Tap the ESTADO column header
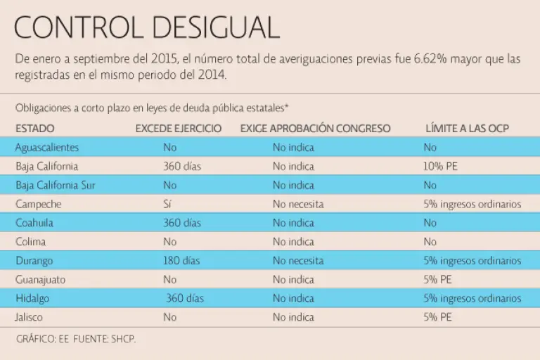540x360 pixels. (x=34, y=129)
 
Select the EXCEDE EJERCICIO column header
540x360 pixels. (x=179, y=129)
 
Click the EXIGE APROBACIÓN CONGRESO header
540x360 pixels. (x=315, y=129)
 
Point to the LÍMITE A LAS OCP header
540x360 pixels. (x=467, y=129)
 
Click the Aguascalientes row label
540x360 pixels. (x=47, y=148)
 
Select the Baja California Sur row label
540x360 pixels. (x=55, y=186)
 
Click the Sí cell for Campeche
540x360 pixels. (x=168, y=204)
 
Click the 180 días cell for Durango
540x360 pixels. (x=182, y=261)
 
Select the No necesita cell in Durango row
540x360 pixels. (x=298, y=261)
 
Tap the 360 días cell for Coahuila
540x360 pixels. (x=182, y=223)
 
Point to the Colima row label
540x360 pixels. (x=31, y=242)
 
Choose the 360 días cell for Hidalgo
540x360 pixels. (x=185, y=299)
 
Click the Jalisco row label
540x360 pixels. (x=31, y=317)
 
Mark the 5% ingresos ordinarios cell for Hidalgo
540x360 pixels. (x=472, y=299)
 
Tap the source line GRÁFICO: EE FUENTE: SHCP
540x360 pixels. (x=75, y=339)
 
